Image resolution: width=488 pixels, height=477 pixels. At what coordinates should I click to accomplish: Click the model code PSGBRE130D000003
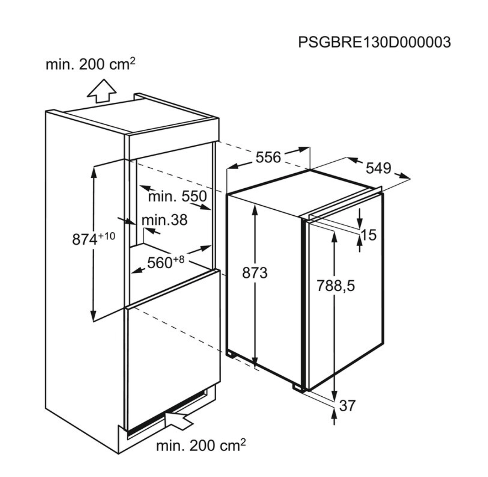pyautogui.click(x=374, y=42)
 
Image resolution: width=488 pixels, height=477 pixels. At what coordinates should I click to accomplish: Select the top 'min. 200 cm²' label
pyautogui.click(x=90, y=64)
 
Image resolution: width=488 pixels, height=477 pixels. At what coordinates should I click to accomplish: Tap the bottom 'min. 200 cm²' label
pyautogui.click(x=201, y=446)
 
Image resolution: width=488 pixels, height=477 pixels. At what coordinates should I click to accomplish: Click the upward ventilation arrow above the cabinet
pyautogui.click(x=102, y=90)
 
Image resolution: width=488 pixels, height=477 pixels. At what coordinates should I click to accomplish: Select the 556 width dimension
pyautogui.click(x=268, y=157)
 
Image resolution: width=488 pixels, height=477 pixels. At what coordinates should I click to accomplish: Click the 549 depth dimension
pyautogui.click(x=378, y=168)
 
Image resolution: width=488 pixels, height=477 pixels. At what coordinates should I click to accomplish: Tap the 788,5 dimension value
pyautogui.click(x=335, y=285)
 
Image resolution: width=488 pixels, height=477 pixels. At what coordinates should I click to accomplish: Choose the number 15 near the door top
pyautogui.click(x=368, y=235)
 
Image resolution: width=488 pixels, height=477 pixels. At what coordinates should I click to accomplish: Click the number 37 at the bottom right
pyautogui.click(x=347, y=405)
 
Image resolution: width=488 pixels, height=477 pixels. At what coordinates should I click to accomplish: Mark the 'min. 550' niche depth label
pyautogui.click(x=177, y=196)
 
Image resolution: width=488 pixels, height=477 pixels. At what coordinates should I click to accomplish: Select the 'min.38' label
pyautogui.click(x=164, y=220)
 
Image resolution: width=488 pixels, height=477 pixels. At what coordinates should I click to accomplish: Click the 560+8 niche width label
pyautogui.click(x=165, y=262)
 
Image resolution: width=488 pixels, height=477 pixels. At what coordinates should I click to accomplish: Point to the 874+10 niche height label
pyautogui.click(x=93, y=239)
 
